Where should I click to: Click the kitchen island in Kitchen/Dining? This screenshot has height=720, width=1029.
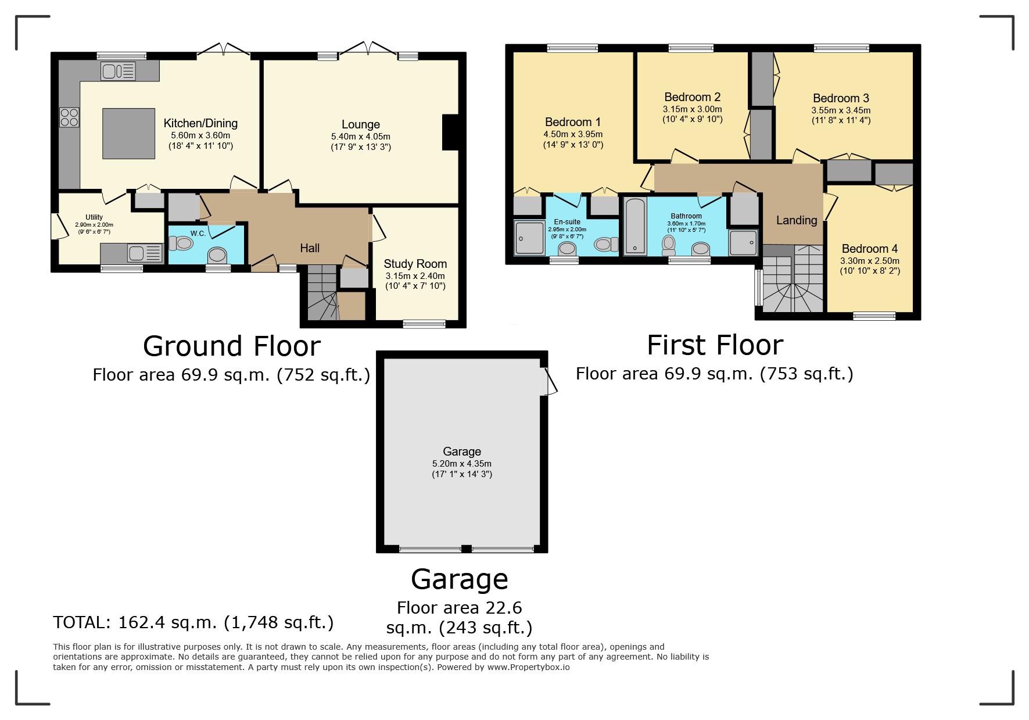[129, 134]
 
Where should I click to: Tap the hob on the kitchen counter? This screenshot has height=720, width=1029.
[69, 117]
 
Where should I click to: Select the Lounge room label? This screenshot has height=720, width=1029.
[361, 124]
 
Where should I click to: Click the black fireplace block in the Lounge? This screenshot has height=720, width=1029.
[451, 133]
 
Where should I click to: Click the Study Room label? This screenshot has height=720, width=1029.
[415, 264]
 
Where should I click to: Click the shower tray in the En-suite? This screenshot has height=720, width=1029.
[529, 237]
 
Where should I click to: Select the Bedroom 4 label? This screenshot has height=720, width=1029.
[870, 249]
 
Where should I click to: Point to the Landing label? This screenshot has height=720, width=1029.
[797, 220]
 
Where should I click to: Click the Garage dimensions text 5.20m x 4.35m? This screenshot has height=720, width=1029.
[462, 464]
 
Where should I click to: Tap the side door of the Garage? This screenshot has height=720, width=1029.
[548, 381]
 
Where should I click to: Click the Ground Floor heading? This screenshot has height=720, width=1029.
[232, 346]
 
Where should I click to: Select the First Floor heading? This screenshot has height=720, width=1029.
[715, 345]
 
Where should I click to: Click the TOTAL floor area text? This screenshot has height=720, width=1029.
[193, 622]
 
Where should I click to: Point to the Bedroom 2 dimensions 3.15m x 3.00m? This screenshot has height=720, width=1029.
[693, 109]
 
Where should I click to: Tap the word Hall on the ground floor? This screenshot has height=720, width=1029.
[310, 248]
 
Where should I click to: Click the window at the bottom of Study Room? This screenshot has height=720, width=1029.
[424, 324]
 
